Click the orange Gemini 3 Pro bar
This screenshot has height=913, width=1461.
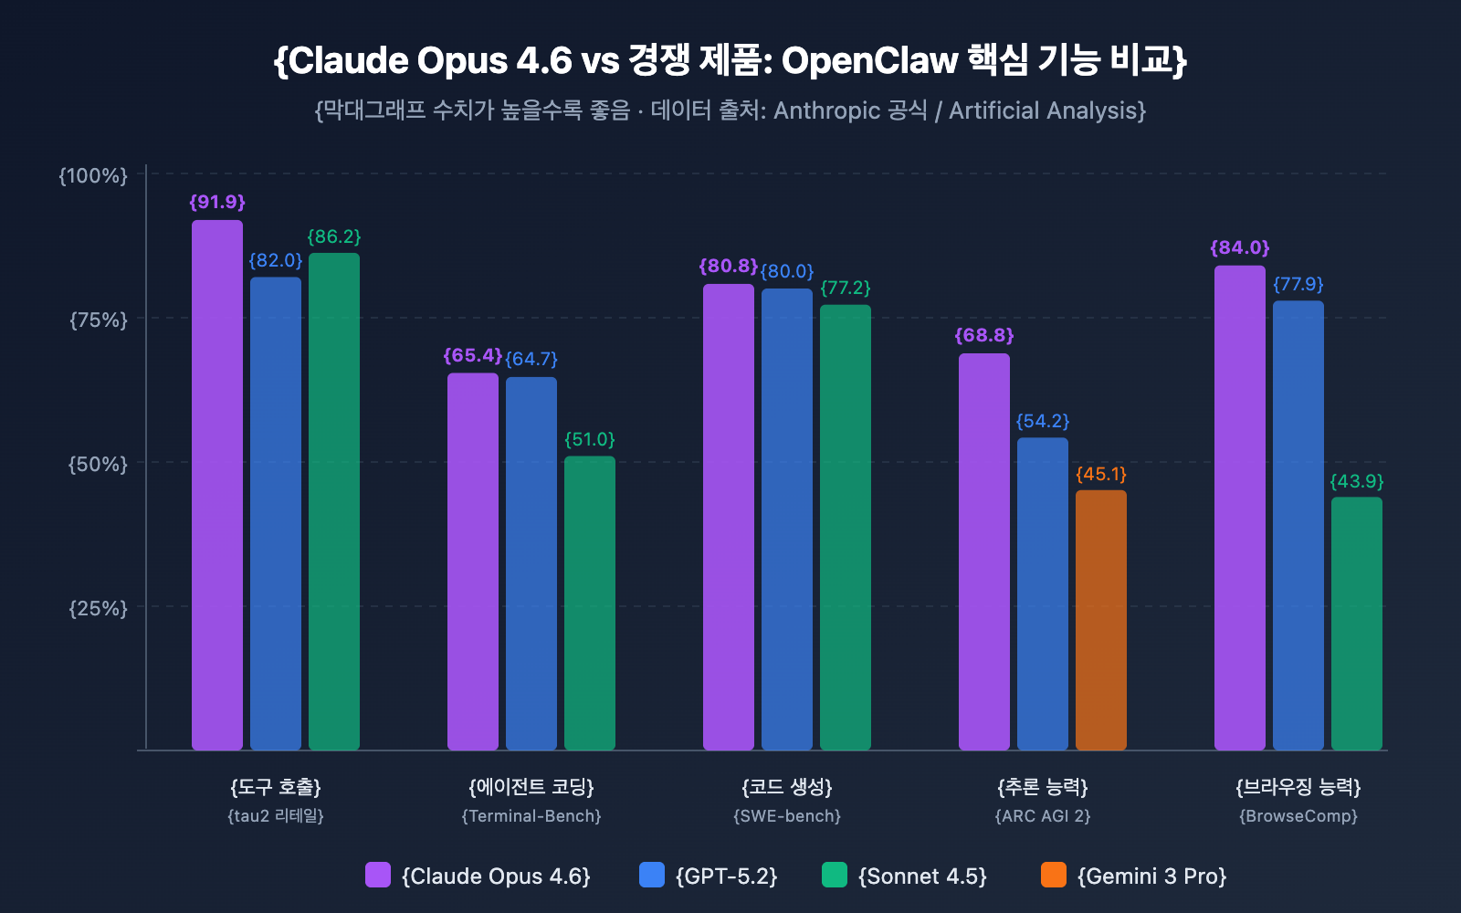1100,621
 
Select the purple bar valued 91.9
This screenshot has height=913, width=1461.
217,484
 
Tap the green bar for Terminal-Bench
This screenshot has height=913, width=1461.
589,603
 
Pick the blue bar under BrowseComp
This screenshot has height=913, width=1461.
1298,525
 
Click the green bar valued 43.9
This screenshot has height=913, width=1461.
1356,624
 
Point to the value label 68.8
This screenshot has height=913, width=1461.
984,335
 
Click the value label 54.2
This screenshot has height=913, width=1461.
1042,421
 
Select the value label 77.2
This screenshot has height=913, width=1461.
845,288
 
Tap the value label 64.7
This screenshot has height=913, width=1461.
531,359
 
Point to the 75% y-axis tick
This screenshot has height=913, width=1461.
99,320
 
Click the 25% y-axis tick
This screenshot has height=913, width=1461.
99,608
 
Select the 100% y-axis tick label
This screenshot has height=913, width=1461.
93,175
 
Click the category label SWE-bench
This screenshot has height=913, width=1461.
786,815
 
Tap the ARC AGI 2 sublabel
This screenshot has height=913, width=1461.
1042,815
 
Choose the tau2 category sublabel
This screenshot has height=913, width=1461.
275,815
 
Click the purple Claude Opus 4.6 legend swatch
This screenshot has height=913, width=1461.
377,875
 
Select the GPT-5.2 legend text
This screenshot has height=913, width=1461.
726,876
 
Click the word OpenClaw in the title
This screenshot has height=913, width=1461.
868,60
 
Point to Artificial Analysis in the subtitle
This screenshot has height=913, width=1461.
1046,110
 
